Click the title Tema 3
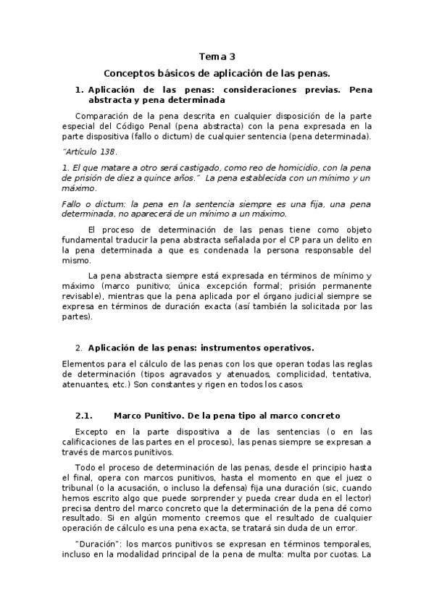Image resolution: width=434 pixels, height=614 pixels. click(217, 56)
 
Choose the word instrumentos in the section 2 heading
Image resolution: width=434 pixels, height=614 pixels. click(225, 348)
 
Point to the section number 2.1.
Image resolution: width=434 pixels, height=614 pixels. click(85, 416)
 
